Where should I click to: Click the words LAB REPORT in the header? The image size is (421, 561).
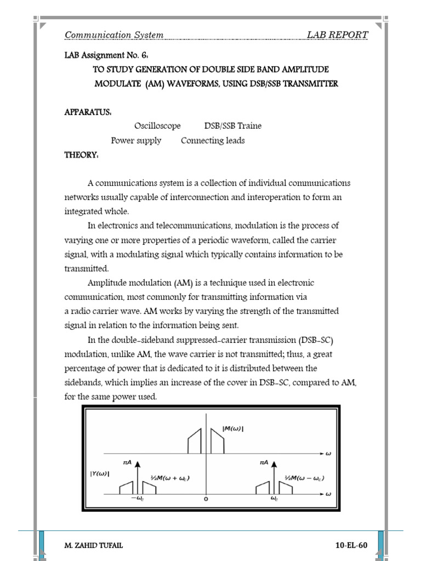tap(337, 35)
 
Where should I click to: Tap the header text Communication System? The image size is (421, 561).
tap(114, 35)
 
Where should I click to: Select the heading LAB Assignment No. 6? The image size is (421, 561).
tap(106, 55)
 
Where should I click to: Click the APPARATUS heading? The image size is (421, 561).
tap(88, 112)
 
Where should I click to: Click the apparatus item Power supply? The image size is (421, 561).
tap(136, 140)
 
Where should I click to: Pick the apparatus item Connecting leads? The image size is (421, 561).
tap(213, 140)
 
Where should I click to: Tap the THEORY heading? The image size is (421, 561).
tap(81, 155)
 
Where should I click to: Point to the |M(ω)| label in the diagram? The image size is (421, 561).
tap(232, 428)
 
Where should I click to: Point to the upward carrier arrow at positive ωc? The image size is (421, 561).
tap(274, 479)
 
